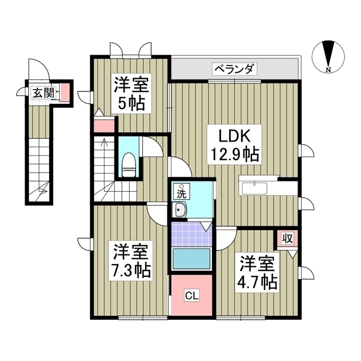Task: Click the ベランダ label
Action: point(235,69)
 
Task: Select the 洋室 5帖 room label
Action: point(131,95)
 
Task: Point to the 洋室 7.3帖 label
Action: point(130,261)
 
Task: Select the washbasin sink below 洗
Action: point(181,212)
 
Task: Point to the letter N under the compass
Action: point(328,69)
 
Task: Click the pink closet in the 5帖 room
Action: point(104,125)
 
